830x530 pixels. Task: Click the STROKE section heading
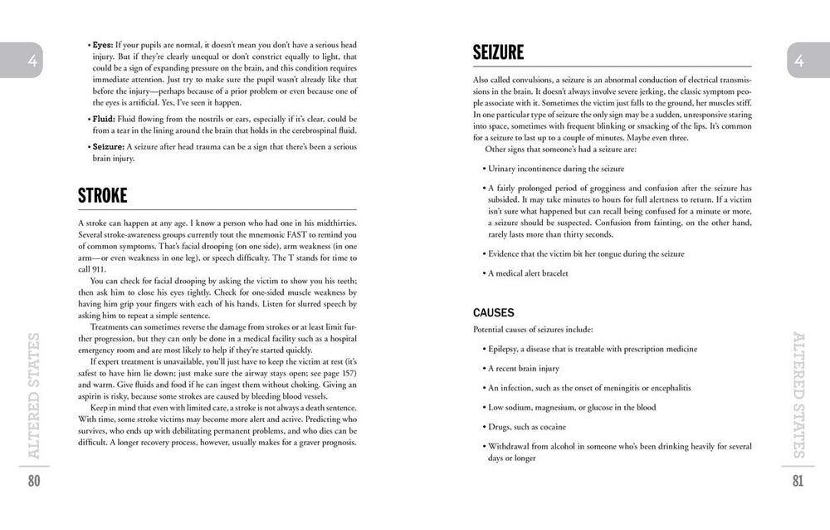[103, 195]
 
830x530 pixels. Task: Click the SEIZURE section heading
[498, 52]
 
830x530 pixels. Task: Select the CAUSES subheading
[494, 313]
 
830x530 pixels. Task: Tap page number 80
[34, 482]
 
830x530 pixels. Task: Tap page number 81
[797, 482]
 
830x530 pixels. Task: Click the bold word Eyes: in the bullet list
[103, 44]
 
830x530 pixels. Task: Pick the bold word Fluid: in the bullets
[104, 119]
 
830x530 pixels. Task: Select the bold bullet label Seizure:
[108, 147]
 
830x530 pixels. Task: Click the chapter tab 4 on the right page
[798, 60]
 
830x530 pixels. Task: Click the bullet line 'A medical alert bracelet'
[528, 273]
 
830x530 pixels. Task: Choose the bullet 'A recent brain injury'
[524, 369]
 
